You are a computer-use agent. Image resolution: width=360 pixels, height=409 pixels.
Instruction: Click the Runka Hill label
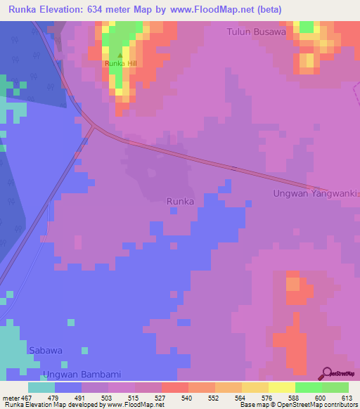[120, 64]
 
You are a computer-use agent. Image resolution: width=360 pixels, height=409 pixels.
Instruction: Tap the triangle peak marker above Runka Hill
[120, 56]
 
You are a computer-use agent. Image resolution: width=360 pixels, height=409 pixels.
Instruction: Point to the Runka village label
[180, 202]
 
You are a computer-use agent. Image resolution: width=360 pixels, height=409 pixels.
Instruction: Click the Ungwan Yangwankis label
[316, 193]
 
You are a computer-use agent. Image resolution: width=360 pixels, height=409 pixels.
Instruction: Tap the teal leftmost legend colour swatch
[41, 387]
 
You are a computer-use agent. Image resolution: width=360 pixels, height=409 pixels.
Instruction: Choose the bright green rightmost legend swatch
[335, 387]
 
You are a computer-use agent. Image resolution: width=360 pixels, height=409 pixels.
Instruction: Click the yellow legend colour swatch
[281, 387]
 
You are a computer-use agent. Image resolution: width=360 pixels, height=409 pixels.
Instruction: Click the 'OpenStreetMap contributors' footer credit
[319, 405]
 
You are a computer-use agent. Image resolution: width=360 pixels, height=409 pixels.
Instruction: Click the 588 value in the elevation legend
[295, 397]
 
